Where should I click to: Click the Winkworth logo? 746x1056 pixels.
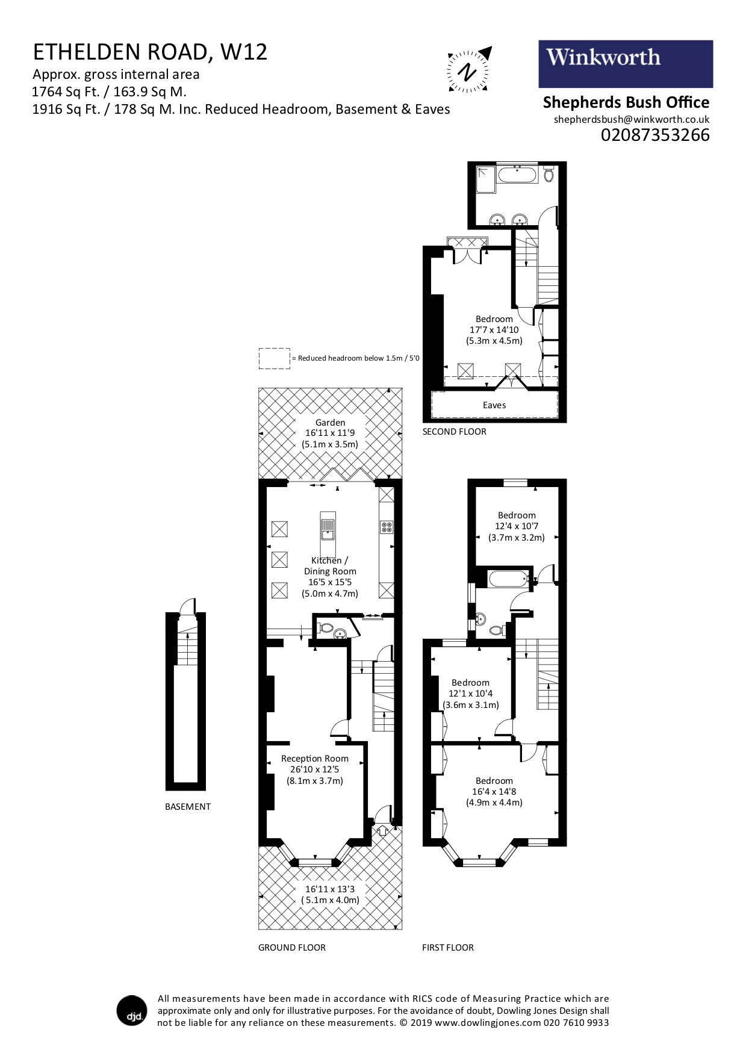tap(625, 64)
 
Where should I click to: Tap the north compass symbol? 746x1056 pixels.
tap(469, 70)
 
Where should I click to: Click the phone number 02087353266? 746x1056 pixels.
tap(655, 135)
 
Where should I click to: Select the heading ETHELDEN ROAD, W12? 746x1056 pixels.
tap(150, 52)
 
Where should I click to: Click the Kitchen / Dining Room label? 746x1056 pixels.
tap(330, 577)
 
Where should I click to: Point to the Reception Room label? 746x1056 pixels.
tap(315, 769)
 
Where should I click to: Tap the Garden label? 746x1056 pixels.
tap(330, 433)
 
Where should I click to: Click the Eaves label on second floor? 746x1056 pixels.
tap(494, 405)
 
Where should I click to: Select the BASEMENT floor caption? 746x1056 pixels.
tap(187, 807)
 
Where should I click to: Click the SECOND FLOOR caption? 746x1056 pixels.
tap(454, 432)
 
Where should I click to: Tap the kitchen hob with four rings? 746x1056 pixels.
tap(386, 527)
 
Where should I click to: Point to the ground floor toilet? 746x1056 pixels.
tap(326, 627)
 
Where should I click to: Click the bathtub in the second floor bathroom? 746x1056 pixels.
tap(517, 175)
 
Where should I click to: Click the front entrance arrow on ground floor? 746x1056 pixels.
tap(382, 831)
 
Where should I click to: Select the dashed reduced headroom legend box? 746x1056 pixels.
tap(274, 358)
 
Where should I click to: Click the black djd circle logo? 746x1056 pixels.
tap(131, 1010)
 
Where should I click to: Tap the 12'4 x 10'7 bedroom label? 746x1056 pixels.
tap(517, 526)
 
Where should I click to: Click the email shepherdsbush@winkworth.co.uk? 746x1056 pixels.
tap(631, 119)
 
